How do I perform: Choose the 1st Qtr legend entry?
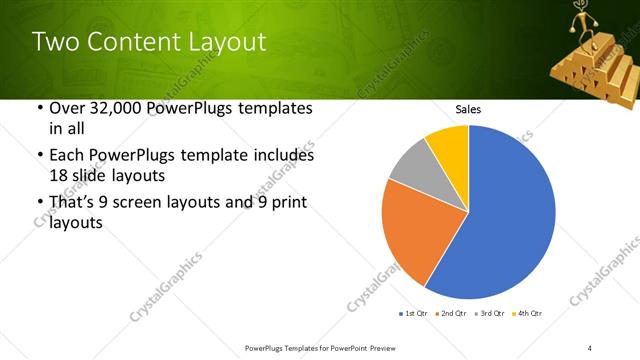tap(415, 314)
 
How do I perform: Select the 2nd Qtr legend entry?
tap(453, 314)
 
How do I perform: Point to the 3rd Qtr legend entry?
tap(490, 314)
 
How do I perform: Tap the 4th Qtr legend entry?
tap(527, 314)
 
